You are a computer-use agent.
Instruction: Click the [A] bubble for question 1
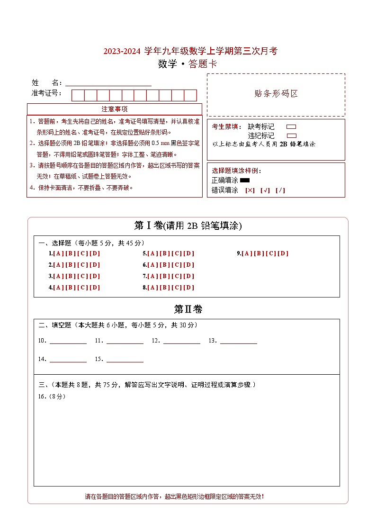pos(58,253)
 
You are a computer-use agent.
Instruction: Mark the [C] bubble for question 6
pos(177,265)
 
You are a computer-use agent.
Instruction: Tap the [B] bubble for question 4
pos(71,288)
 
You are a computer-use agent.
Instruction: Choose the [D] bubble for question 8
pos(188,288)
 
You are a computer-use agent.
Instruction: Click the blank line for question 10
pos(68,341)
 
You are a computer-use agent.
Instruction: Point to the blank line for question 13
pos(239,341)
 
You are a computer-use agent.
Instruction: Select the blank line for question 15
pos(125,360)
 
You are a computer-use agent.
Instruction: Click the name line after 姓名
pos(108,83)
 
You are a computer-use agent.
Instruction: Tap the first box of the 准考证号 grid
pos(78,95)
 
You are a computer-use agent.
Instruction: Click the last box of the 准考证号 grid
pos(190,95)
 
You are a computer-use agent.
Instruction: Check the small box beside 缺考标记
pos(291,127)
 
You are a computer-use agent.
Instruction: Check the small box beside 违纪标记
pos(291,135)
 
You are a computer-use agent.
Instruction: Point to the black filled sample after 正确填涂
pos(245,180)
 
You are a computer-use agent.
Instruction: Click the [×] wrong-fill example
pos(250,190)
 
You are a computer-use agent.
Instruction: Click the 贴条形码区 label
pos(276,94)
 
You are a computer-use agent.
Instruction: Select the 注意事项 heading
pos(115,109)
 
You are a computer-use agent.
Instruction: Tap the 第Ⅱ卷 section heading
pos(188,309)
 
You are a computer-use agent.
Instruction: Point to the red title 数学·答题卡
pos(188,64)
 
